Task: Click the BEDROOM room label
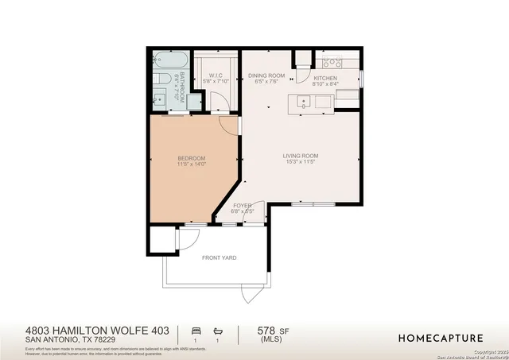(191, 158)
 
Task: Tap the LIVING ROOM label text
(301, 156)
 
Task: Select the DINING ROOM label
(266, 76)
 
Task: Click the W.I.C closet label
(216, 76)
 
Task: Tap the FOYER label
(242, 206)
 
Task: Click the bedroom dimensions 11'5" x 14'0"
(191, 165)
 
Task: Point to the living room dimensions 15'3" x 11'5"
(301, 162)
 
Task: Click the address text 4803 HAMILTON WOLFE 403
(97, 329)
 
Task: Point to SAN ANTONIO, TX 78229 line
(73, 340)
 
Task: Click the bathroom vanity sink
(159, 99)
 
